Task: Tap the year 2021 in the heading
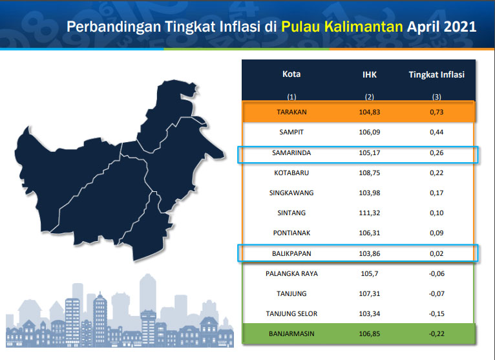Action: point(460,26)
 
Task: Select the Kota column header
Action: point(291,74)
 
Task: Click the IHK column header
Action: point(370,74)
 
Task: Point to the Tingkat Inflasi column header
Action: point(437,74)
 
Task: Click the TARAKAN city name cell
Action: point(291,112)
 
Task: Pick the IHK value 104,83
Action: point(370,112)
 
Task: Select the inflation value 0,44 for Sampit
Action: point(437,132)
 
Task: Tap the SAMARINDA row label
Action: point(291,153)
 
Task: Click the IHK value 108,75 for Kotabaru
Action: point(370,173)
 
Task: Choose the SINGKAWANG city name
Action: point(291,193)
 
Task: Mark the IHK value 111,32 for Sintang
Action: point(370,213)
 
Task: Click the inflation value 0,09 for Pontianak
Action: point(437,233)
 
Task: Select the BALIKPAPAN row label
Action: point(291,253)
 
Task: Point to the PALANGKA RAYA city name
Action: point(291,273)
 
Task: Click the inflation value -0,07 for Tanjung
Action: point(437,293)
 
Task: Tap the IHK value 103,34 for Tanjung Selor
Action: point(370,313)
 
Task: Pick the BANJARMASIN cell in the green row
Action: point(291,334)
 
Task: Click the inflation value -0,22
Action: point(437,334)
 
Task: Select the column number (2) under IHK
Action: point(370,97)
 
